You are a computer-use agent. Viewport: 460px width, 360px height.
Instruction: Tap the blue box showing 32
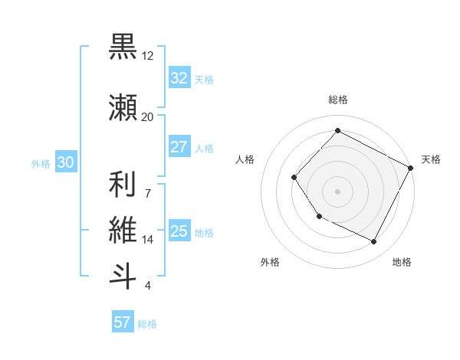pos(179,78)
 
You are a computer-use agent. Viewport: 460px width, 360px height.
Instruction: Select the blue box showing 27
pos(179,147)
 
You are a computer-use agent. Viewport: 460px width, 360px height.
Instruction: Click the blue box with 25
pos(179,231)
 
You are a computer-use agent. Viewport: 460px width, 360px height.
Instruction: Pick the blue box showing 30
pos(65,162)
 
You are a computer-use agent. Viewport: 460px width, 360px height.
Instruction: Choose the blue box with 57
pos(123,322)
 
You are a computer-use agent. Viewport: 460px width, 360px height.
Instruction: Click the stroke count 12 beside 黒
pos(148,56)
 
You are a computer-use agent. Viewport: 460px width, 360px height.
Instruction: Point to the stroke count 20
pos(147,116)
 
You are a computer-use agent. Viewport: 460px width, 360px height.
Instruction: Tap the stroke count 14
pos(148,240)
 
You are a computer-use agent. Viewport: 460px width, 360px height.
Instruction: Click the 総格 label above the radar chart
pos(337,100)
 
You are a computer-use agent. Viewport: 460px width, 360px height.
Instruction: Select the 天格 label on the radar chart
pos(431,159)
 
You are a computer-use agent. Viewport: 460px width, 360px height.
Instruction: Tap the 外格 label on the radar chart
pos(270,262)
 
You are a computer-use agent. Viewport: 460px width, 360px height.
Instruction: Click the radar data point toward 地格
pos(374,242)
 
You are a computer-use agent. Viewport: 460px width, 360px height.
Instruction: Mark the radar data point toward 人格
pos(294,178)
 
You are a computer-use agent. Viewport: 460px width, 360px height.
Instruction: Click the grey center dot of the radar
pos(337,191)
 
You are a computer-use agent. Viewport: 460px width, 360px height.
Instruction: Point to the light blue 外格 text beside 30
pos(40,163)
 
